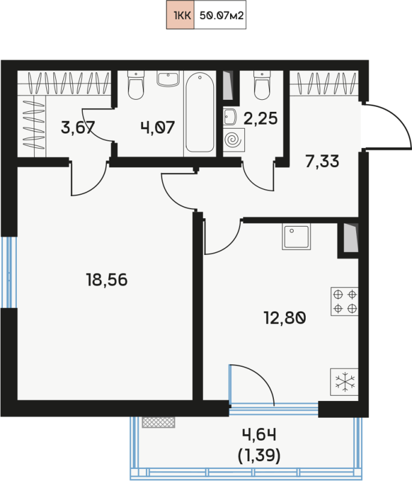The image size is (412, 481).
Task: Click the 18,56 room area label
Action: click(x=106, y=280)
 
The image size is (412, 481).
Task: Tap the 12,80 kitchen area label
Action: click(x=285, y=318)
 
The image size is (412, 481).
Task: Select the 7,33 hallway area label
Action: click(x=323, y=161)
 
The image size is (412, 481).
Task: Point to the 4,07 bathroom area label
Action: click(x=158, y=127)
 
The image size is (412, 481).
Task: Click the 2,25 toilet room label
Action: click(x=261, y=118)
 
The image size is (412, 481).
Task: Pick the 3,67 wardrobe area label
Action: click(x=78, y=127)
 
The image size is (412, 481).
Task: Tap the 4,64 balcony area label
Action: click(x=259, y=435)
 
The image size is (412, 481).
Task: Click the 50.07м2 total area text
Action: click(x=222, y=16)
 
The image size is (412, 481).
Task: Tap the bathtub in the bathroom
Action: click(x=200, y=112)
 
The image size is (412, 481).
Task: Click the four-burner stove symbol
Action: click(x=345, y=301)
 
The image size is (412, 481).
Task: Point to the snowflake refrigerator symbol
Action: click(x=345, y=382)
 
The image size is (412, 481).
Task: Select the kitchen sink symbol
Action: click(x=296, y=236)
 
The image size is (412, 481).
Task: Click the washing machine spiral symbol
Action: click(x=234, y=140)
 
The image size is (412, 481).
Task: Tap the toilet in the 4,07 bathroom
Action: click(x=136, y=85)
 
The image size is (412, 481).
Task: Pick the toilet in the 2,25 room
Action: click(x=262, y=85)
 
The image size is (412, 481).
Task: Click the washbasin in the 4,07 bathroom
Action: click(x=168, y=79)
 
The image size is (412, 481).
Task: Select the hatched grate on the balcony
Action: click(x=159, y=422)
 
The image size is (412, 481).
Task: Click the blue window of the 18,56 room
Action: click(x=8, y=272)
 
